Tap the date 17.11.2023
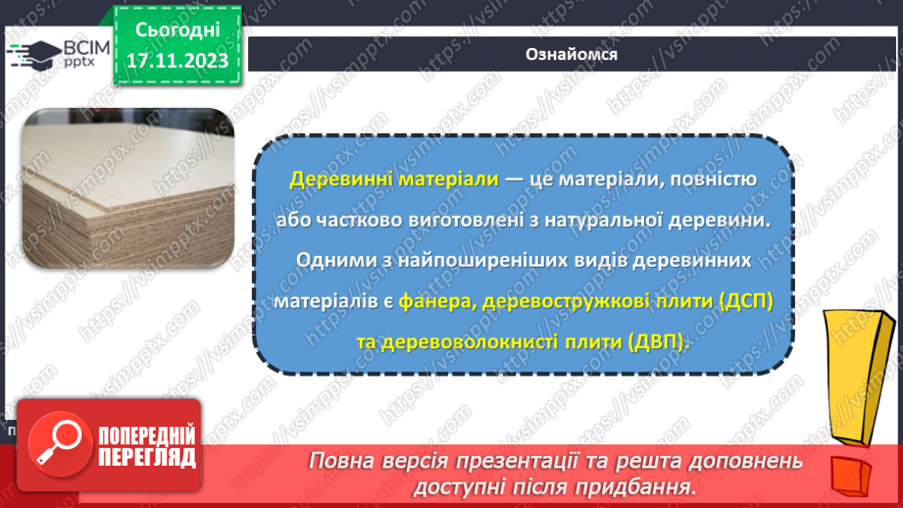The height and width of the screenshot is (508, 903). click(176, 61)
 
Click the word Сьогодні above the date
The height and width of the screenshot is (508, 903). click(176, 29)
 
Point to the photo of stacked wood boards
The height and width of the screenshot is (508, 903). click(127, 188)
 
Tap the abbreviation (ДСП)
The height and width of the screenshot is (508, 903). click(737, 302)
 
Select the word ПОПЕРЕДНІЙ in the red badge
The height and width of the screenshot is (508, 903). click(147, 435)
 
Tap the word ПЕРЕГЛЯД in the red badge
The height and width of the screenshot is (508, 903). click(147, 456)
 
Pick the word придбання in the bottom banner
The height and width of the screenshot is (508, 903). click(644, 486)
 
